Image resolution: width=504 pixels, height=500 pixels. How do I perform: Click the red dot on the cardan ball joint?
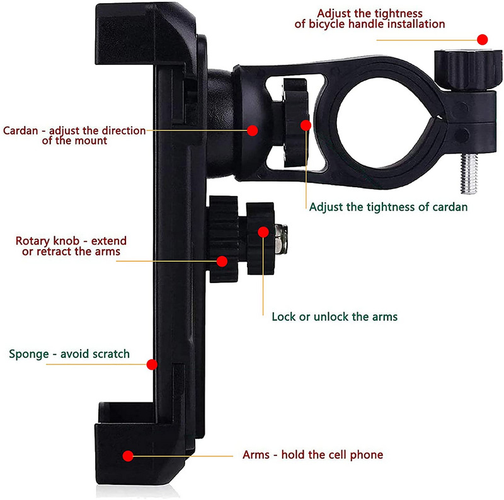(x=252, y=131)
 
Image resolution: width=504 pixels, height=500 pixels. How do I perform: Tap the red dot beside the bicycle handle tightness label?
(x=483, y=39)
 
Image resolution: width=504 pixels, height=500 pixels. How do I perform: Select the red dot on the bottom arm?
(x=128, y=455)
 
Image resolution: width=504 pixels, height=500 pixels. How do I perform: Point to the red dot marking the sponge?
(x=151, y=364)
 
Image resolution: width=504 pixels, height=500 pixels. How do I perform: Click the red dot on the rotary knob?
(x=222, y=260)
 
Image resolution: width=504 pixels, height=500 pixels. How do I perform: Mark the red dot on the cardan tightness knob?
(x=306, y=125)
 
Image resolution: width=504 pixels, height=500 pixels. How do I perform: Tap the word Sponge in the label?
(x=27, y=354)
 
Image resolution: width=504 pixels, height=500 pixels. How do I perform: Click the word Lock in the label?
(x=283, y=317)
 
